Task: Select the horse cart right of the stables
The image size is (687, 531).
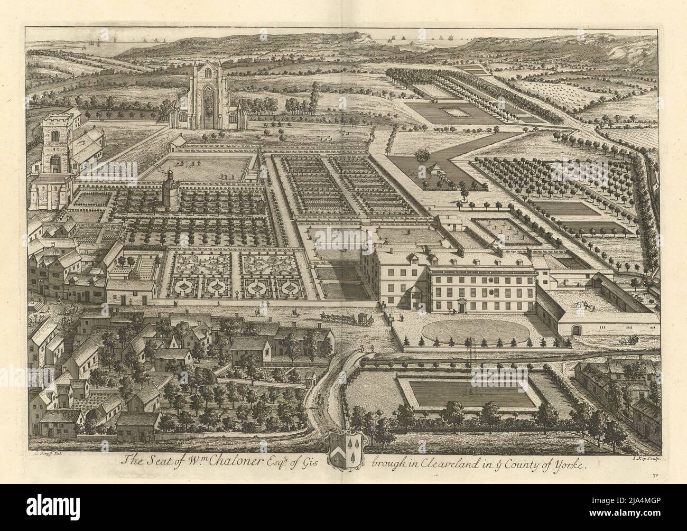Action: [626, 341]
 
